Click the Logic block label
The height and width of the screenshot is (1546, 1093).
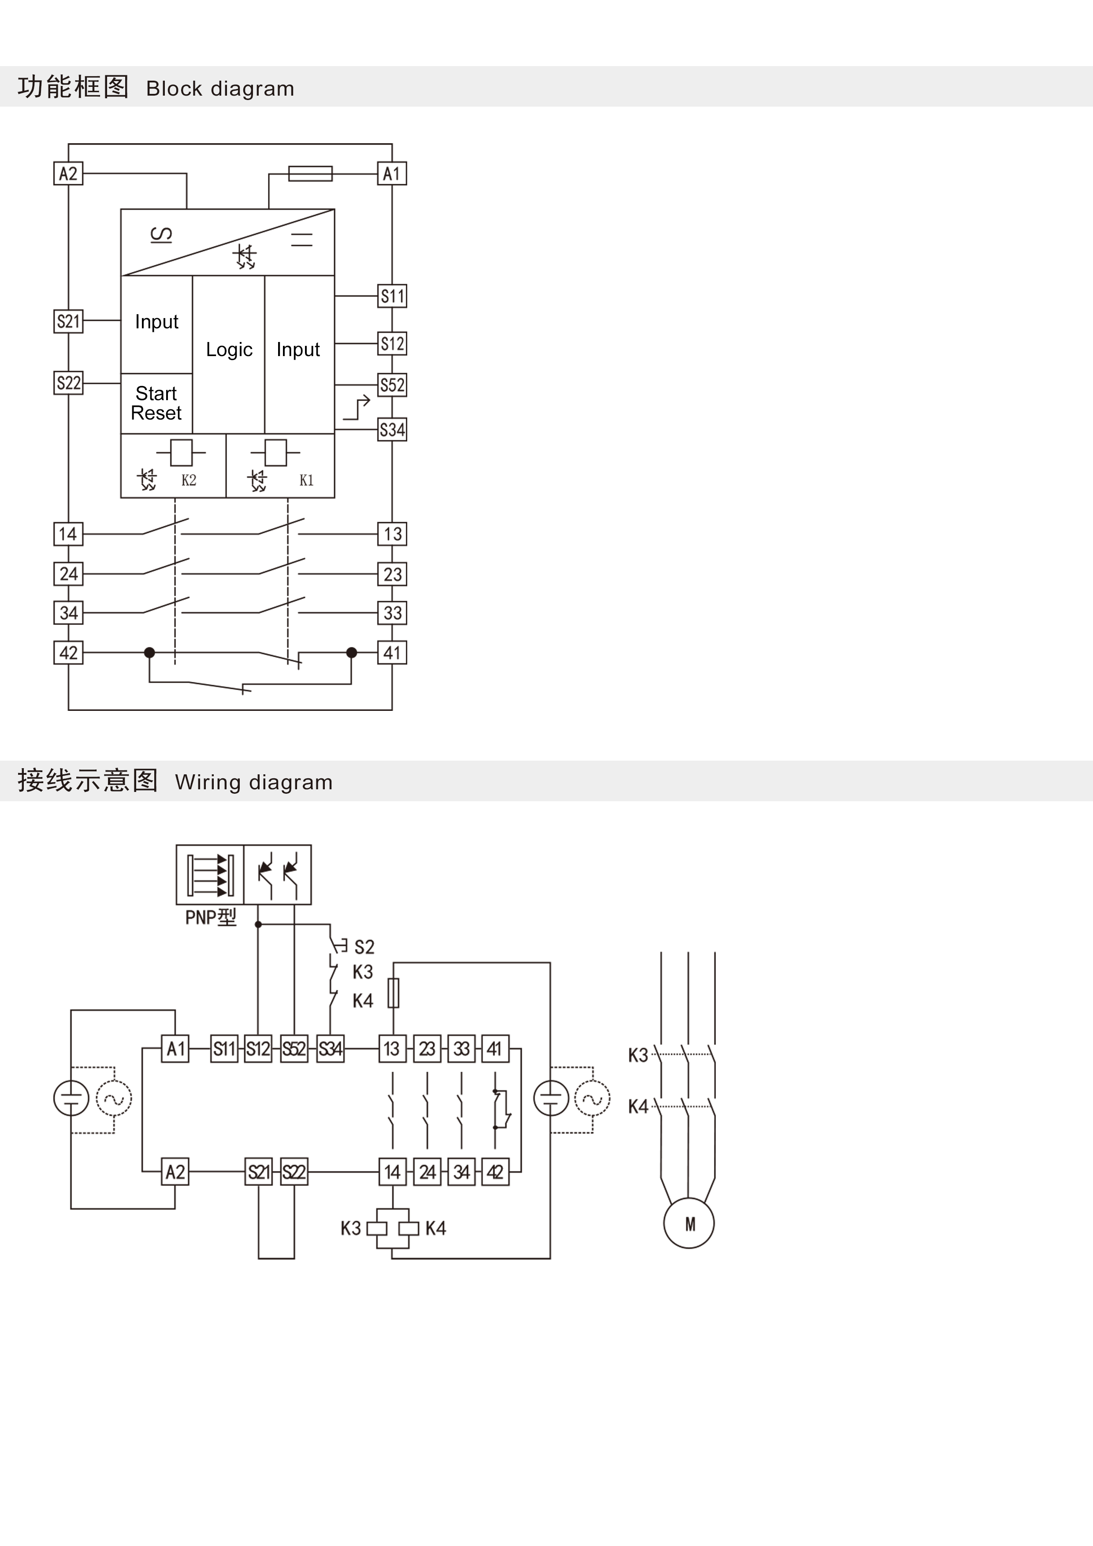pos(229,349)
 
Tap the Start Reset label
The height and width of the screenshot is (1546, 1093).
pos(156,403)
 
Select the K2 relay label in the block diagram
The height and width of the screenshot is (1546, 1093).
pos(189,480)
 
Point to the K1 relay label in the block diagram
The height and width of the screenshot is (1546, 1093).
pos(306,480)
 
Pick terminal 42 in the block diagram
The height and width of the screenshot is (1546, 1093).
pos(68,653)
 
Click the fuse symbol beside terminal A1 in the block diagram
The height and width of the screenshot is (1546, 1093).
pos(310,174)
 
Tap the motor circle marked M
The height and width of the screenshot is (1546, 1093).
pos(689,1223)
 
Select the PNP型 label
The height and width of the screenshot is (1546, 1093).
pos(211,917)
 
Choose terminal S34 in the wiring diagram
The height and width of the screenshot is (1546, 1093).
pos(330,1049)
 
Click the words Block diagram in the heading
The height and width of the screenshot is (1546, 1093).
pos(220,88)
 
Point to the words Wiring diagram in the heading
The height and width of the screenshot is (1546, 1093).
pos(253,782)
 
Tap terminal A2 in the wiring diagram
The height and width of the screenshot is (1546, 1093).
pos(175,1172)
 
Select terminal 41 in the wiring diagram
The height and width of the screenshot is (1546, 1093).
pos(495,1049)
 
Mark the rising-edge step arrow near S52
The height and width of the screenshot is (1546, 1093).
pos(357,407)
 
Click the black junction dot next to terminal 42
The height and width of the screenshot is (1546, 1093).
pos(149,653)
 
